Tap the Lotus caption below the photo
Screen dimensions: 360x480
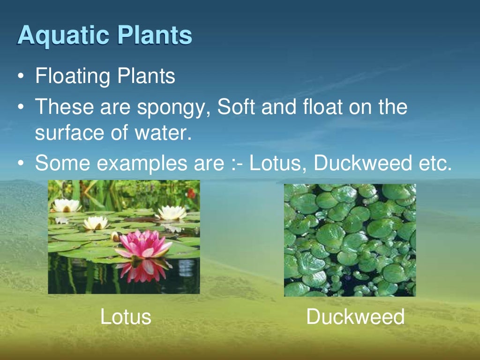(126, 317)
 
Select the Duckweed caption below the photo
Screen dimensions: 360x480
(355, 317)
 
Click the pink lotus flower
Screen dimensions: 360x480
(143, 244)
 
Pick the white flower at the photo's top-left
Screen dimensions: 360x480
(67, 205)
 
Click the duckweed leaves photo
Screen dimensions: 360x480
(350, 240)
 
